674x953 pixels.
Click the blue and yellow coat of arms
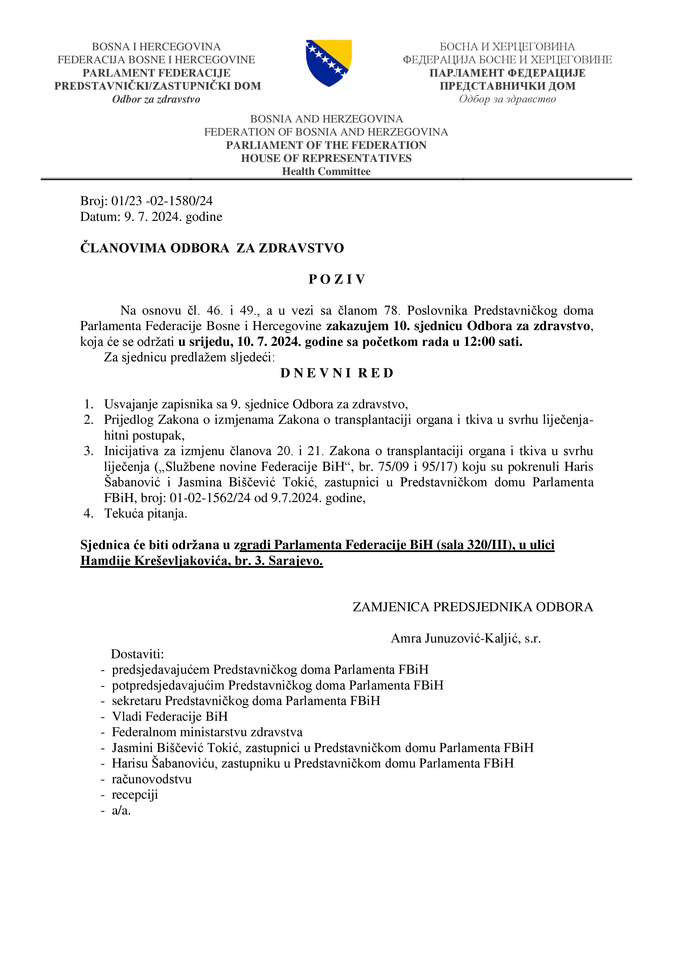[329, 63]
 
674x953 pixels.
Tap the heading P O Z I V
[337, 279]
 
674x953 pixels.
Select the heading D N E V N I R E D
[337, 373]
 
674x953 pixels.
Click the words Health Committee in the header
[326, 171]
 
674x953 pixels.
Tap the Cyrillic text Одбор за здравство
[507, 99]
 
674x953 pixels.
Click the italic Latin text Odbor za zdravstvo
[156, 99]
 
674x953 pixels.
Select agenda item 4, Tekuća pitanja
[145, 513]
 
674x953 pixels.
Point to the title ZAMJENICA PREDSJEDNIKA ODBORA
[473, 607]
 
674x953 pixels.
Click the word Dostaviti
[137, 654]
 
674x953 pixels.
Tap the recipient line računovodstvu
[152, 779]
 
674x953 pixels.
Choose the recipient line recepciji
[135, 794]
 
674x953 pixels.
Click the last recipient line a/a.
[121, 810]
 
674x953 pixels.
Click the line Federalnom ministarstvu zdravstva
[207, 732]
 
